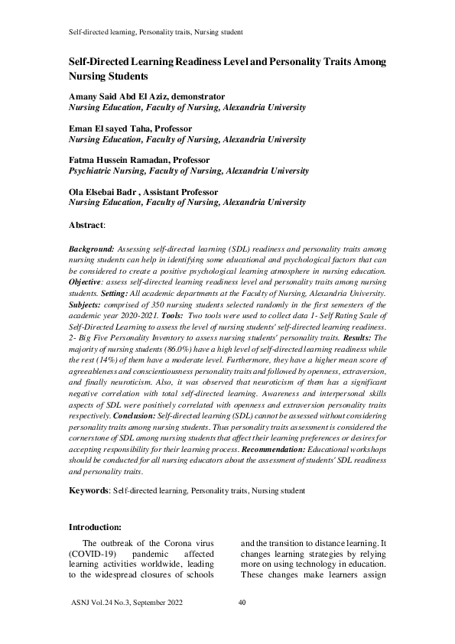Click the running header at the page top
156,33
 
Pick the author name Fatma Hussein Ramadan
119,160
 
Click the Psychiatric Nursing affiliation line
187,171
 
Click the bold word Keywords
89,490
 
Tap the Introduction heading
95,527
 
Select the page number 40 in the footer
242,603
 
